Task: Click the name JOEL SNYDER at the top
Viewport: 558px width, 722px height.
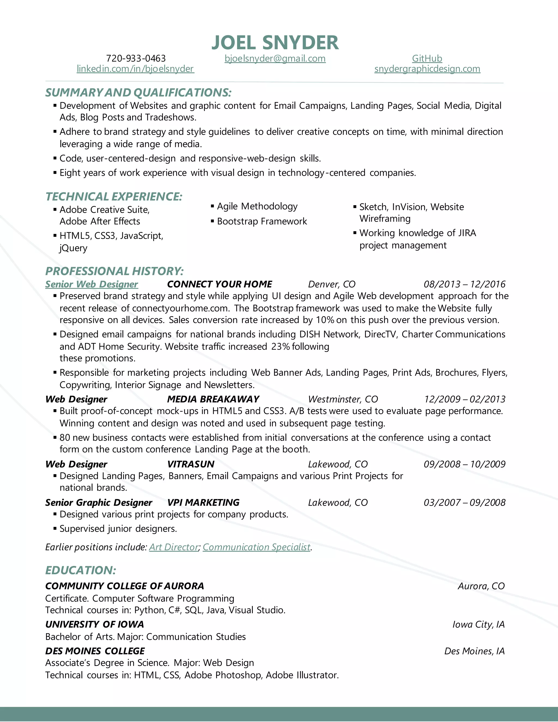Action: pyautogui.click(x=275, y=43)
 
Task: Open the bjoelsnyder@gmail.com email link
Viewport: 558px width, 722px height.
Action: pyautogui.click(x=275, y=59)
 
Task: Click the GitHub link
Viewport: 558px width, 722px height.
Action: pyautogui.click(x=427, y=59)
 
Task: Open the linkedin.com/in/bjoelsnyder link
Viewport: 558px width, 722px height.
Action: pyautogui.click(x=135, y=69)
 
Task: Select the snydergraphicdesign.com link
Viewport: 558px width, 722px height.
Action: pyautogui.click(x=427, y=69)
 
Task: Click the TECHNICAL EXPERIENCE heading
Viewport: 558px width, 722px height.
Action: pyautogui.click(x=114, y=197)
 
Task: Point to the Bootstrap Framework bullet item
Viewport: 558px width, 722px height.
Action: pyautogui.click(x=262, y=222)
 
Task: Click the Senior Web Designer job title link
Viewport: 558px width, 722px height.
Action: pyautogui.click(x=92, y=284)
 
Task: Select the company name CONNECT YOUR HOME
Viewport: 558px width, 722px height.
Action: pyautogui.click(x=220, y=284)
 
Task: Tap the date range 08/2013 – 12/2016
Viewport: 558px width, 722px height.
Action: pyautogui.click(x=465, y=284)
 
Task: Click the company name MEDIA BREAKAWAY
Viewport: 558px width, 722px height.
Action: pyautogui.click(x=213, y=399)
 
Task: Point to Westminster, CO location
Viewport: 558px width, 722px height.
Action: pyautogui.click(x=343, y=399)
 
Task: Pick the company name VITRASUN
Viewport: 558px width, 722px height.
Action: pyautogui.click(x=191, y=464)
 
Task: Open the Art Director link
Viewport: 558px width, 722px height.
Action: pyautogui.click(x=174, y=547)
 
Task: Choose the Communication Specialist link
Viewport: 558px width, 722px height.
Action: pyautogui.click(x=256, y=547)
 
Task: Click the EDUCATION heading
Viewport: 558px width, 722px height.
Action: pyautogui.click(x=81, y=570)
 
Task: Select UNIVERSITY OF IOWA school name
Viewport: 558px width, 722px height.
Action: pyautogui.click(x=95, y=624)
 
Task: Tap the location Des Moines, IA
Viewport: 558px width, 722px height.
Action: pyautogui.click(x=474, y=651)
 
